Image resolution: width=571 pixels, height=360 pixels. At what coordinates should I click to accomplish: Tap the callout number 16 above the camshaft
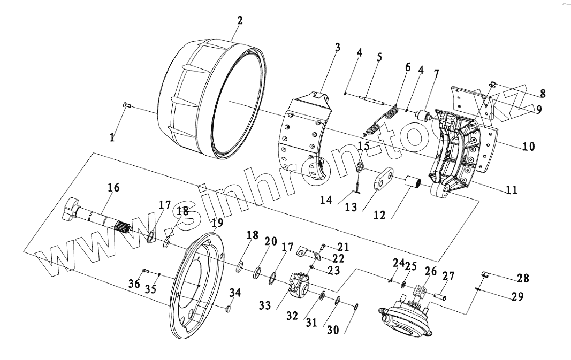pos(113,188)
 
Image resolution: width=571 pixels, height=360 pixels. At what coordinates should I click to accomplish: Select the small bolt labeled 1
pos(126,105)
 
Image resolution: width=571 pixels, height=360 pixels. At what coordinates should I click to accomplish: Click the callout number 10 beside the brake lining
pos(529,146)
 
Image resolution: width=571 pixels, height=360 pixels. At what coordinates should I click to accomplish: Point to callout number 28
pos(523,278)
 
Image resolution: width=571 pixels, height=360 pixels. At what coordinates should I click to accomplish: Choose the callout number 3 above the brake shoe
pos(337,47)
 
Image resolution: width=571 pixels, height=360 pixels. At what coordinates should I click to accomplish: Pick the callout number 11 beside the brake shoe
pos(512,190)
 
